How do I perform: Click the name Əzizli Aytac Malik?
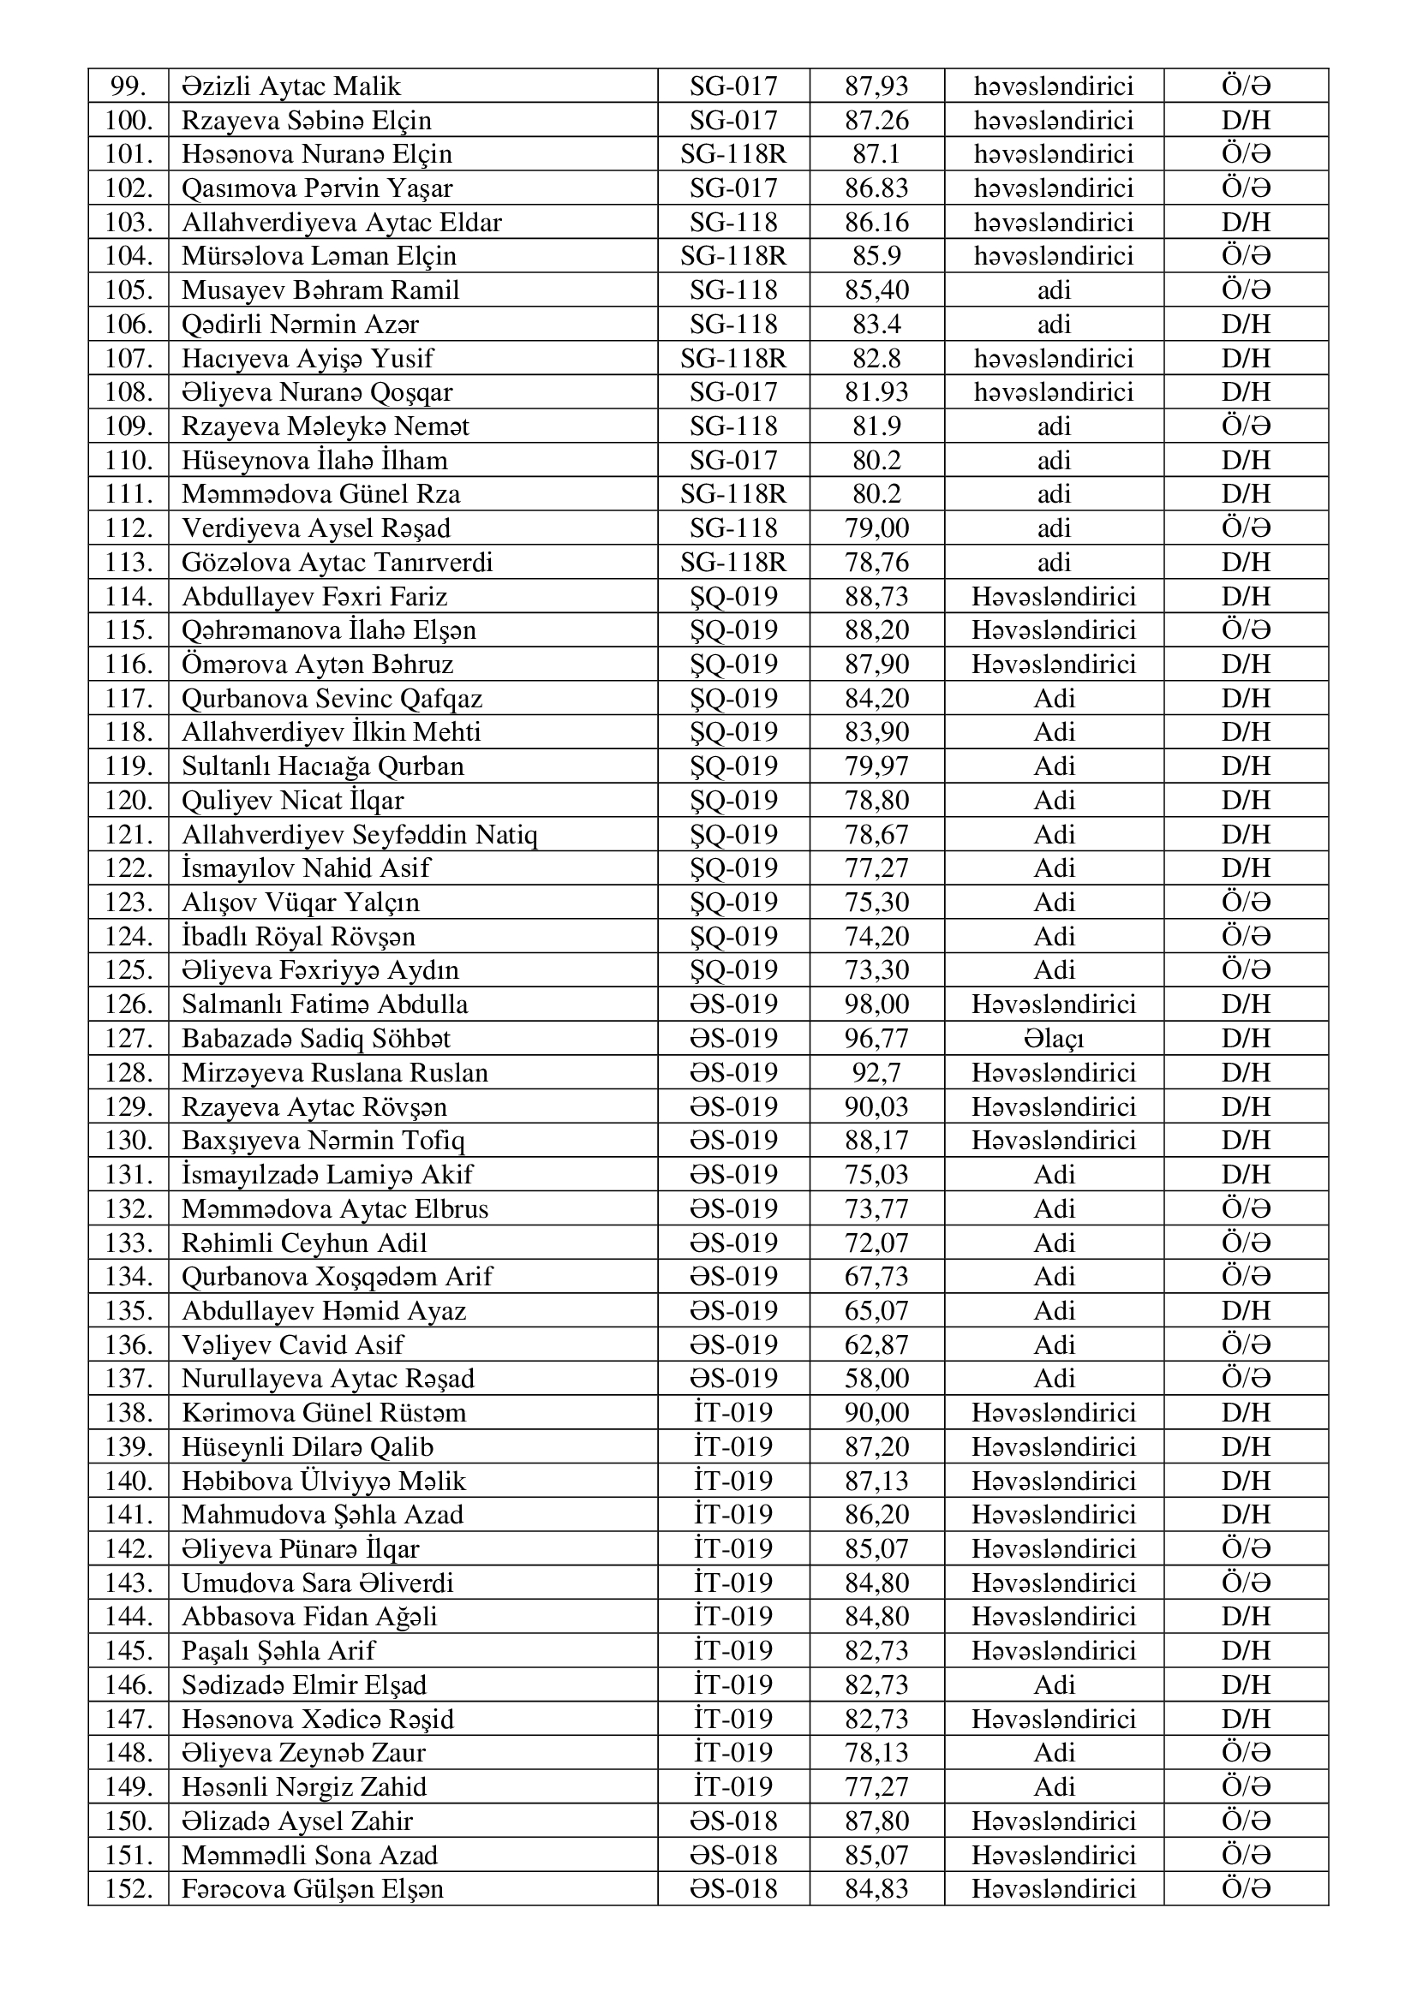[291, 86]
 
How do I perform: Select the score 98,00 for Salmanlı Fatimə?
[876, 1004]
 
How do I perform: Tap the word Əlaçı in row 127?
[1053, 1038]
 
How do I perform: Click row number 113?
[129, 562]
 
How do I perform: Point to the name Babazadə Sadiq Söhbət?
[316, 1038]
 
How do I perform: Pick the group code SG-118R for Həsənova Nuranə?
[733, 154]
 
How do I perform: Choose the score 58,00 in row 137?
[876, 1379]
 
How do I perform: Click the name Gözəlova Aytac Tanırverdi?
[337, 562]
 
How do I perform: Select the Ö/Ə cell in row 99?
[1245, 86]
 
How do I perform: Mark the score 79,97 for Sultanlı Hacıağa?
[876, 766]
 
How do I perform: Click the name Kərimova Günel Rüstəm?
[324, 1412]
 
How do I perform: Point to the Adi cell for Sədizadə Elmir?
[1053, 1684]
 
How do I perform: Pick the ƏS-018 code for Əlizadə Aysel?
[733, 1821]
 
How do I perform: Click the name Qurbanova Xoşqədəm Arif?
[337, 1276]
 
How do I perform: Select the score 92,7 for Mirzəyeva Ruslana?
[876, 1072]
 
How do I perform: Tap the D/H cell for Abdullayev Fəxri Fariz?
[1245, 596]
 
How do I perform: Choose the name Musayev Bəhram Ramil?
[320, 289]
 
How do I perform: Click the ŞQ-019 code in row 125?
[733, 970]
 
